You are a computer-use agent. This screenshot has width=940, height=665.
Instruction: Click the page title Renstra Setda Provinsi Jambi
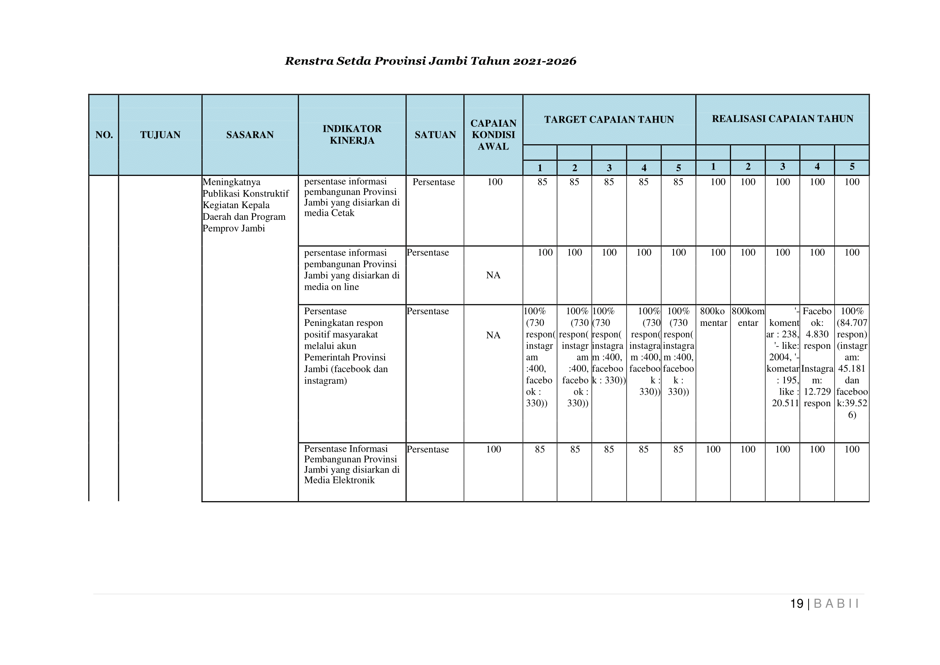(x=430, y=61)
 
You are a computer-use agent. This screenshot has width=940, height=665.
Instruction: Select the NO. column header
(x=104, y=135)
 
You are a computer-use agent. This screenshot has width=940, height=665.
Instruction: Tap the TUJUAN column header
(x=160, y=135)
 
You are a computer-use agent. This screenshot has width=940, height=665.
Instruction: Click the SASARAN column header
(x=250, y=135)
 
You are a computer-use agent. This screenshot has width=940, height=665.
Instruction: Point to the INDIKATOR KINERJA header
(x=352, y=135)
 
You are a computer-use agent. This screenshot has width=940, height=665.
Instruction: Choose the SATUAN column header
(x=435, y=135)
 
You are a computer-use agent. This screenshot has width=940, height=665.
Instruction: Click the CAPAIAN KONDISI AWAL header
(x=493, y=135)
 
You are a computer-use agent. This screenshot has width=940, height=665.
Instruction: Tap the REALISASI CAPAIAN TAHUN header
(x=782, y=119)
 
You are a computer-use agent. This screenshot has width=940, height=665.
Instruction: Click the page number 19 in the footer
(x=797, y=604)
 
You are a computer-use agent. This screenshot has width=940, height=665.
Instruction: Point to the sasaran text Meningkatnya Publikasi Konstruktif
(x=246, y=205)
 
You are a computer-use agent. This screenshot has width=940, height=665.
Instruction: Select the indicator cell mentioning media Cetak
(x=351, y=197)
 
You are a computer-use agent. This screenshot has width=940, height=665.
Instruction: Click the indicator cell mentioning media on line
(x=351, y=270)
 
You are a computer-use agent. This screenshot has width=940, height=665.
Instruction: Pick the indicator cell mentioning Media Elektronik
(x=351, y=464)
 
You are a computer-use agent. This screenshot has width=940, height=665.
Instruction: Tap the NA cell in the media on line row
(x=493, y=275)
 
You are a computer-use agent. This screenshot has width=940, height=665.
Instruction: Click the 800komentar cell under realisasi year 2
(x=747, y=317)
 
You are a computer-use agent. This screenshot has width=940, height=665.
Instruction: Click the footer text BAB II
(x=836, y=604)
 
